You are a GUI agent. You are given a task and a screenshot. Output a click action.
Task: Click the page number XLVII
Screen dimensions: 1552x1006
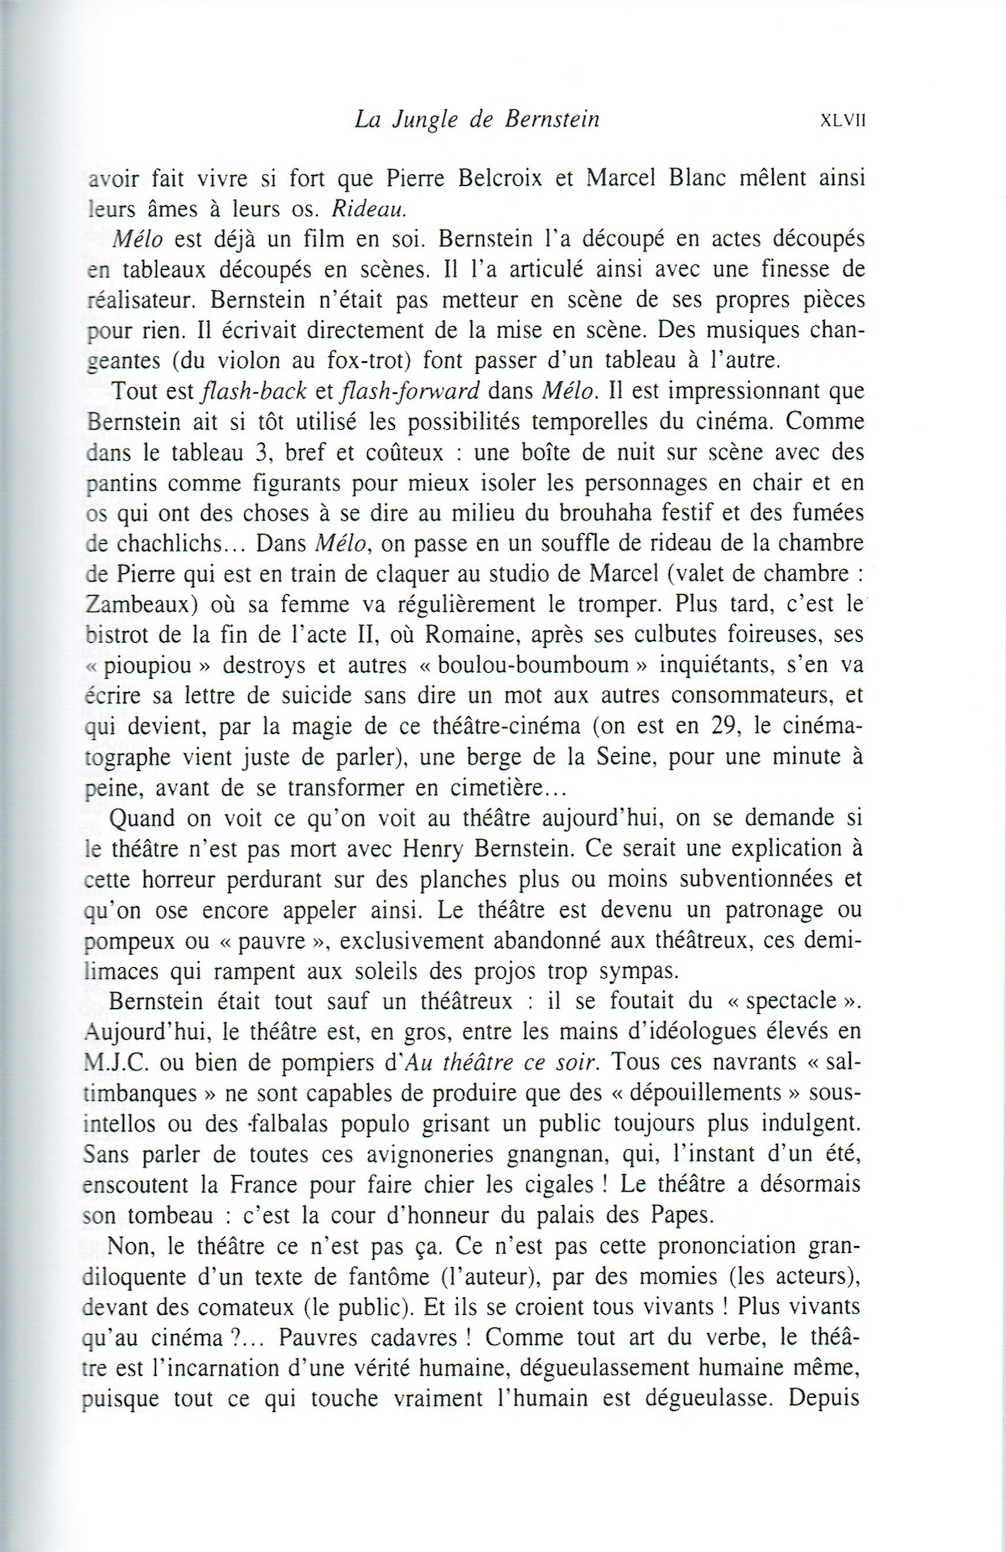tap(842, 121)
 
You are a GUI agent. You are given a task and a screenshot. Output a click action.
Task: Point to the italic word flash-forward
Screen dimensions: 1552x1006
tap(411, 391)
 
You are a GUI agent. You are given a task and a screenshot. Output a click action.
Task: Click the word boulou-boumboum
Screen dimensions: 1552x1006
tap(533, 665)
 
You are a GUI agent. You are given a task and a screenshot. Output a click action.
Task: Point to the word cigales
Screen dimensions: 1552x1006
tap(545, 1185)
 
